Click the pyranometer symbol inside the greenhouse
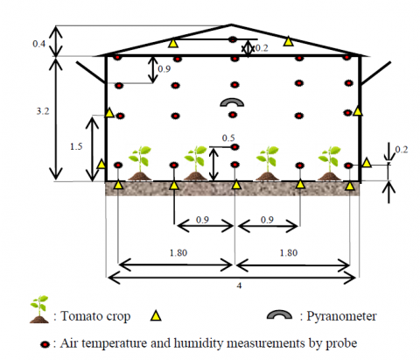coord(232,100)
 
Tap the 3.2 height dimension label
coord(43,111)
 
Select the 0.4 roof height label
coord(38,44)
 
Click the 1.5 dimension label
coord(76,146)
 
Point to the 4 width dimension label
coord(239,286)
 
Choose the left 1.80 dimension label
coord(178,252)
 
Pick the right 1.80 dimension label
coord(289,252)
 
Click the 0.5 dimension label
coord(228,138)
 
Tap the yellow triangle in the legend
coord(156,315)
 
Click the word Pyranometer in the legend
coord(341,316)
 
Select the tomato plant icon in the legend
coord(39,309)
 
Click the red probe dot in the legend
coord(45,344)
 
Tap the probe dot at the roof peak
coord(233,39)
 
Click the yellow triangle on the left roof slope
coord(173,43)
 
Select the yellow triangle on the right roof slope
coord(288,41)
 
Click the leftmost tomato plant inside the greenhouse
coord(140,164)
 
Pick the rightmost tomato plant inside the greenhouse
coord(330,164)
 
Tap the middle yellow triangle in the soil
coord(236,185)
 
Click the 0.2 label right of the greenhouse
coord(402,150)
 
